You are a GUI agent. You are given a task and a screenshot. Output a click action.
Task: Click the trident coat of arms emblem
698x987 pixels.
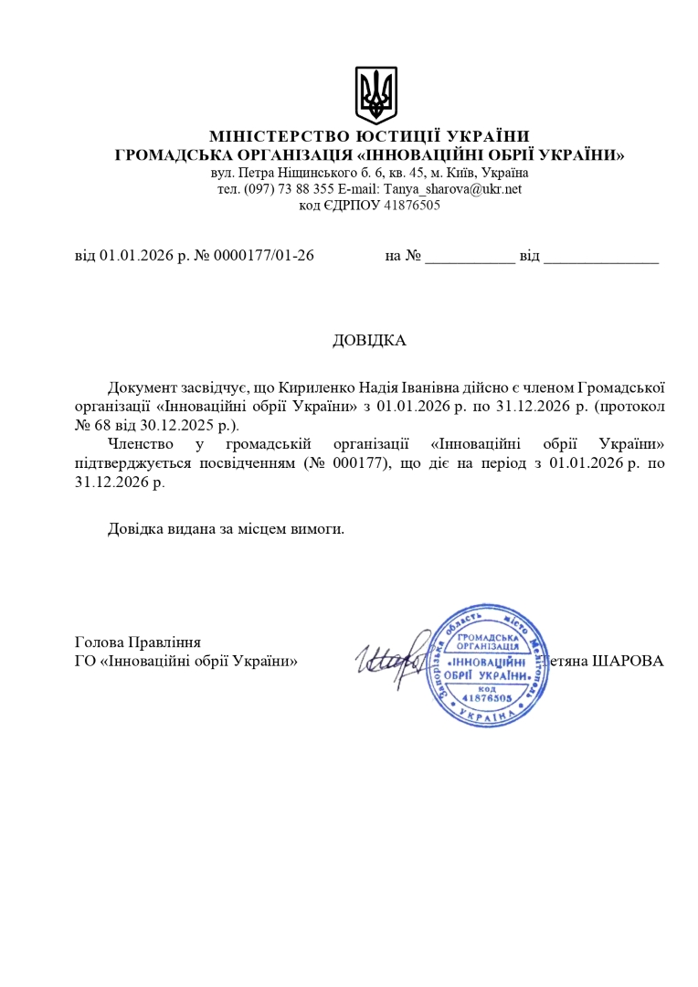click(375, 95)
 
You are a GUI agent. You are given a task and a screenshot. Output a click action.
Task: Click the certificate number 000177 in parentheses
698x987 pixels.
click(366, 462)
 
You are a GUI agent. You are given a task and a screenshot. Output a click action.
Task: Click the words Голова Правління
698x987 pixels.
click(138, 642)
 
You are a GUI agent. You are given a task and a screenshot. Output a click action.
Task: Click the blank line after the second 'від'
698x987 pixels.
click(600, 257)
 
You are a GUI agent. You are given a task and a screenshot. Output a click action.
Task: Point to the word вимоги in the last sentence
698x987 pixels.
click(319, 529)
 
